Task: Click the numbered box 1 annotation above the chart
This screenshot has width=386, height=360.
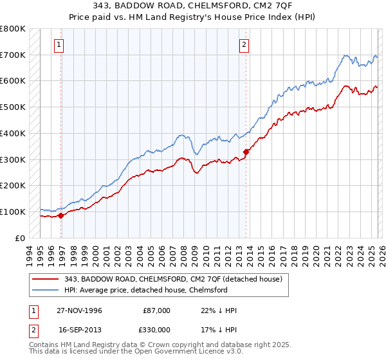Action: point(59,45)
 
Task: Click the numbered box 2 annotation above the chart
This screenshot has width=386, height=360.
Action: point(244,45)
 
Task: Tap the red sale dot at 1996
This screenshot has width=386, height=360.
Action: point(61,215)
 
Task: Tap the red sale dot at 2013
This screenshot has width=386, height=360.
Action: point(246,152)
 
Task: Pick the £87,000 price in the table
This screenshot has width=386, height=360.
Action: point(156,310)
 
